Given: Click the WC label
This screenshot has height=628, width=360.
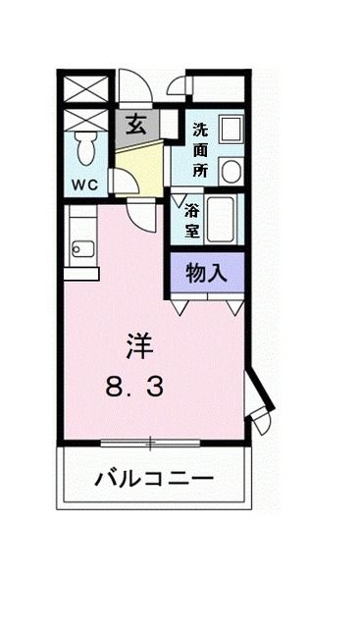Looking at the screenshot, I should [x=84, y=183].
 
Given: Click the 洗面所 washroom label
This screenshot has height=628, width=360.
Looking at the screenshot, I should [x=200, y=148].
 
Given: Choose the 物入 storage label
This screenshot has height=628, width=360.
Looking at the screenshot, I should [x=206, y=273].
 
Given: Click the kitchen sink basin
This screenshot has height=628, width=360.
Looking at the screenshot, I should [x=82, y=249].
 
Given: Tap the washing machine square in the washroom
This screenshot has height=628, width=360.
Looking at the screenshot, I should [x=230, y=131].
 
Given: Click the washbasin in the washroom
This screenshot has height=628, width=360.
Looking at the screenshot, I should [x=230, y=172].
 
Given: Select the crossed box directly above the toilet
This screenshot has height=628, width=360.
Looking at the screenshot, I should [x=85, y=121].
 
